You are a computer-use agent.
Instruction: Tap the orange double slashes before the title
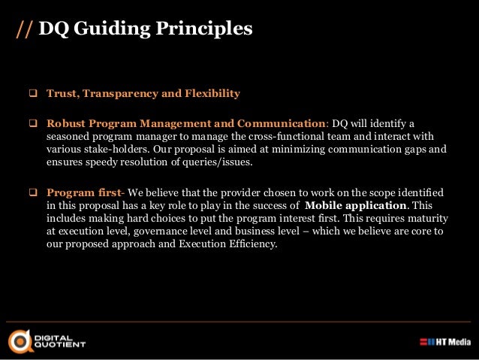tap(24, 29)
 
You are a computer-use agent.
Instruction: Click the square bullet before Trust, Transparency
tap(33, 94)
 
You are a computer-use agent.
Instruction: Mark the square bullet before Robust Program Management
tap(33, 123)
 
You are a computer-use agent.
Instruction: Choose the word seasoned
tap(69, 135)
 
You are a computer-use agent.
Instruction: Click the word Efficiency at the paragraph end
tap(251, 243)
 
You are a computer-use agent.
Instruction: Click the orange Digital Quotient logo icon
tap(20, 340)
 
